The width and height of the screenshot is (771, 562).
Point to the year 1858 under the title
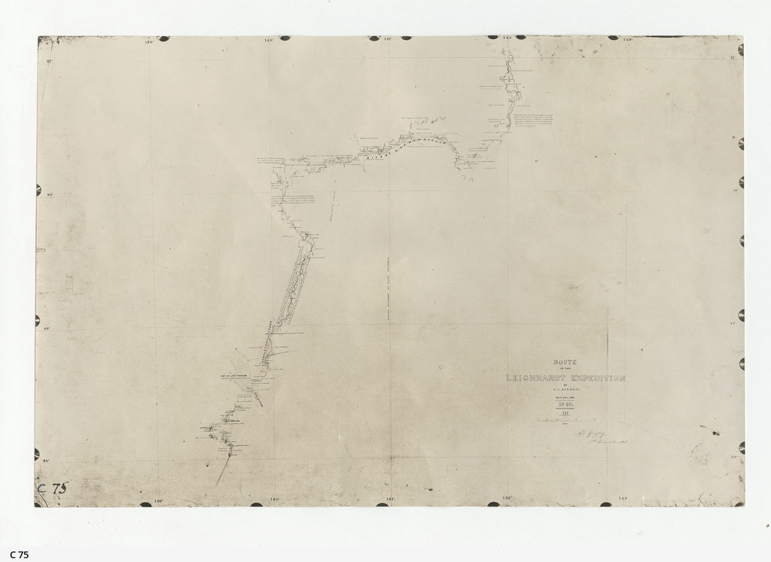coord(566,405)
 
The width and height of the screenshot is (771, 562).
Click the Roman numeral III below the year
coord(566,413)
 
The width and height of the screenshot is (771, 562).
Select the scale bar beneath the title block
coord(566,420)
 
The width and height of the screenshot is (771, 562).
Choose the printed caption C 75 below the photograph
coord(20,554)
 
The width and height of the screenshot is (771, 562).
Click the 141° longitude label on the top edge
coord(389,38)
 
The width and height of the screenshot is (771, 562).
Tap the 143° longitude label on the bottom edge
coord(623,498)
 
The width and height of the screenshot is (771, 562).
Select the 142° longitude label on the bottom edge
coord(506,498)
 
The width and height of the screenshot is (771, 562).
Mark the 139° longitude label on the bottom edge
coord(159,500)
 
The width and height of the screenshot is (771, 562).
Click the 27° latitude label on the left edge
coord(50,61)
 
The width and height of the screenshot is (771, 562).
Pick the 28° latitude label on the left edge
coord(50,194)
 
